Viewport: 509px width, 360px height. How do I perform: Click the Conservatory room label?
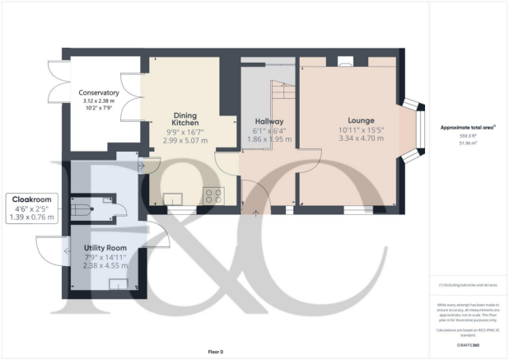99,93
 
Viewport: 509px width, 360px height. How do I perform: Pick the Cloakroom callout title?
31,199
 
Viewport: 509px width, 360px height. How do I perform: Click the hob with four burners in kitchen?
213,196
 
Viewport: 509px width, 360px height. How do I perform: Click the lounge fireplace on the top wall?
345,61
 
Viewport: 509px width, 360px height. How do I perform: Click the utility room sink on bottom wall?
119,284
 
